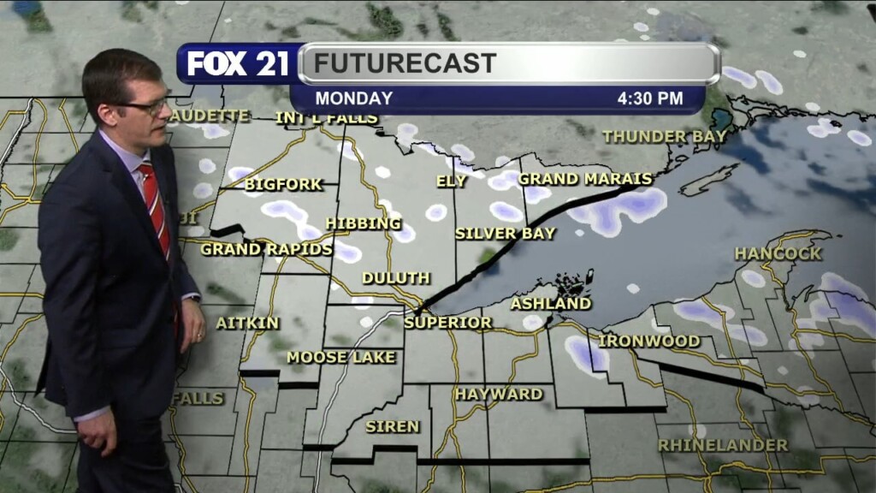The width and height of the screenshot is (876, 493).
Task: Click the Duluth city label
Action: tap(395, 278)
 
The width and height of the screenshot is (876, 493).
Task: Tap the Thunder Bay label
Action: tap(665, 136)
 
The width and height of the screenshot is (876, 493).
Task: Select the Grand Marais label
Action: tap(585, 179)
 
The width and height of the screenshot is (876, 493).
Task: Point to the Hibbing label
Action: tap(363, 223)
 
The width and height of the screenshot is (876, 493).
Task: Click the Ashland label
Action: tap(551, 303)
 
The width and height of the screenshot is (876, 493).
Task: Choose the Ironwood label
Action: tap(648, 341)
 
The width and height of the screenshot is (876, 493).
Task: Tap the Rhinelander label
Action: tap(723, 445)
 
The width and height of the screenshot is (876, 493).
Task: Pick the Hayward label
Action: tap(499, 394)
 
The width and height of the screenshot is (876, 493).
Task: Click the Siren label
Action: tap(393, 426)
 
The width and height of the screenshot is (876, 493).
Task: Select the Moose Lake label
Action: tap(341, 357)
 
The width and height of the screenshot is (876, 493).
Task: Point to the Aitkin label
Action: tap(247, 323)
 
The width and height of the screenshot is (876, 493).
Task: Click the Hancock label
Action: tap(778, 253)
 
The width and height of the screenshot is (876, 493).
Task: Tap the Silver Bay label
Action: tap(505, 233)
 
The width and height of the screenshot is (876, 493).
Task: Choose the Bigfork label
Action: tap(284, 184)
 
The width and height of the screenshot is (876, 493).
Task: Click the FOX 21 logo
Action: tap(238, 64)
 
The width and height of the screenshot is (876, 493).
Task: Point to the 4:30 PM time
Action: tap(650, 98)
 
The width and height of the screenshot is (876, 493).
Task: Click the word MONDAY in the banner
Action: tap(353, 98)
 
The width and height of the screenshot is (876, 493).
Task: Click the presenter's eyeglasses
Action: tap(147, 106)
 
